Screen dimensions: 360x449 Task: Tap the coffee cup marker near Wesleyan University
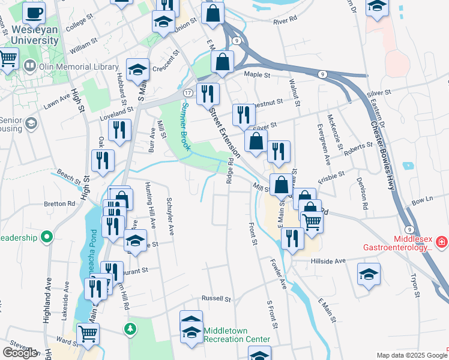[35, 12]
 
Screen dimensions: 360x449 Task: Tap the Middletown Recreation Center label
[237, 335]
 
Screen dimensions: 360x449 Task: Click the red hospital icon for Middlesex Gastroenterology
[442, 242]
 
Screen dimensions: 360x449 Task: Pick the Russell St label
[216, 298]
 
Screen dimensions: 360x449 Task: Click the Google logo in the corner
[20, 353]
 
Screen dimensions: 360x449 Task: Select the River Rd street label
[285, 20]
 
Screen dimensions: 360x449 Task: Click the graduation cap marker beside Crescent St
[137, 69]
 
